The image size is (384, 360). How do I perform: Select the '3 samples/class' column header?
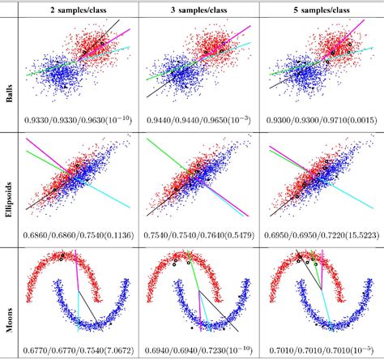pyautogui.click(x=198, y=9)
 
